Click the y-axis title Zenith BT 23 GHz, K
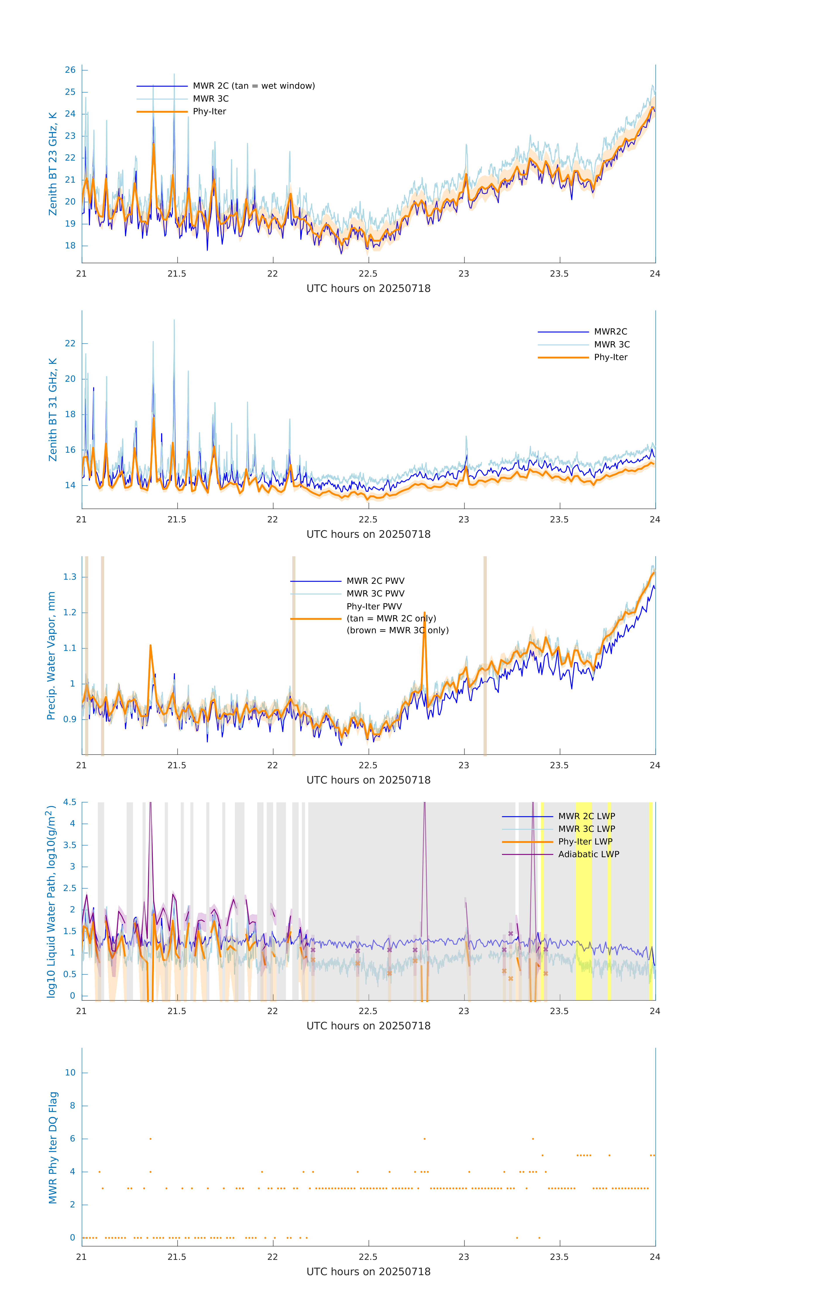tap(53, 164)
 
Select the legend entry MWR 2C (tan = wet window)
tap(253, 86)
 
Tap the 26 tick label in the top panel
tap(70, 70)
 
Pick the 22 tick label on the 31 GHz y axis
tap(70, 343)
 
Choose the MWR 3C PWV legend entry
tap(375, 593)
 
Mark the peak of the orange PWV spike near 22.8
tap(424, 613)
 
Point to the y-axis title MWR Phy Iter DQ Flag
tap(53, 1148)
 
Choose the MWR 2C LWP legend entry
tap(586, 816)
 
